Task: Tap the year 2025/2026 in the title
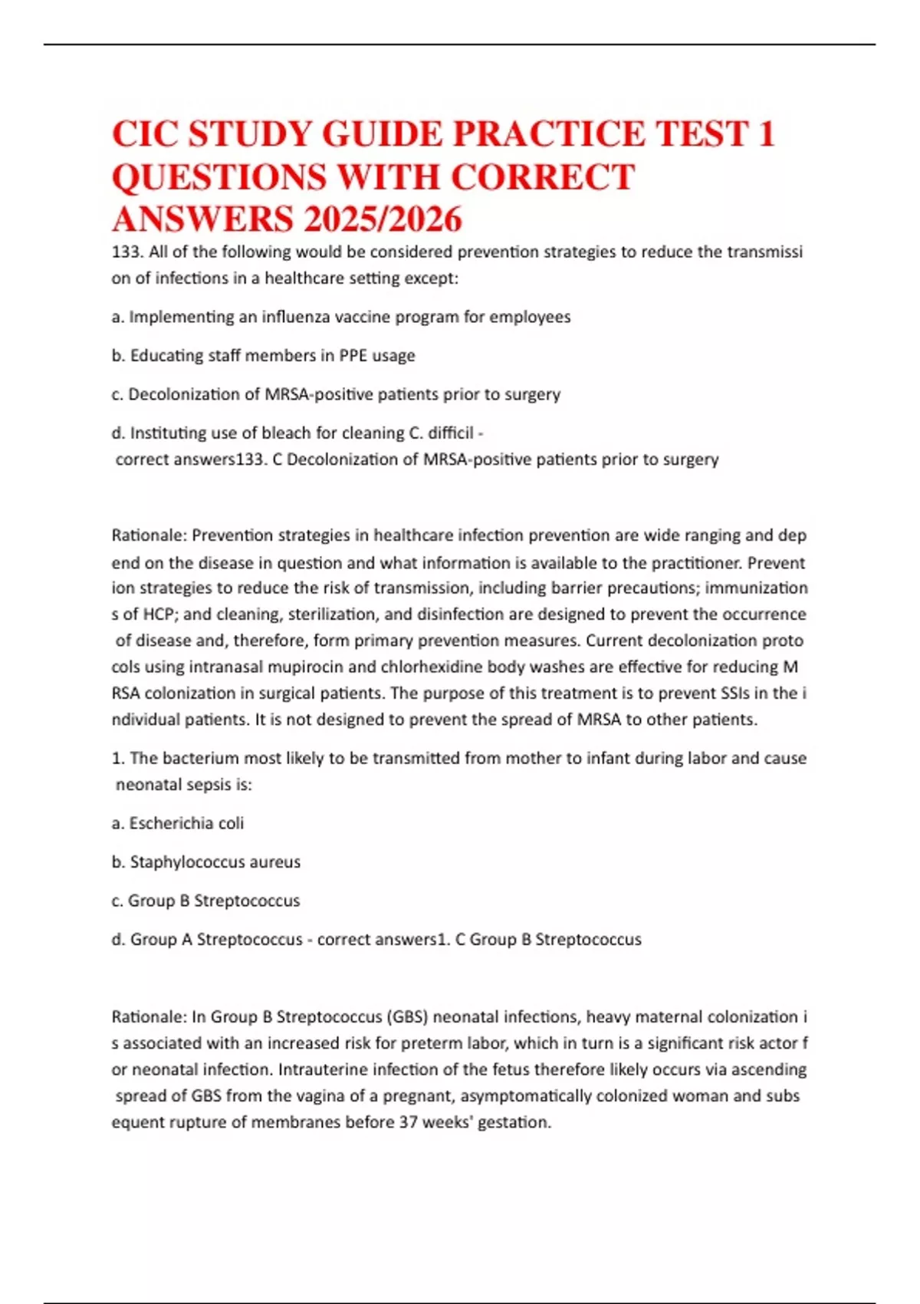click(383, 219)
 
